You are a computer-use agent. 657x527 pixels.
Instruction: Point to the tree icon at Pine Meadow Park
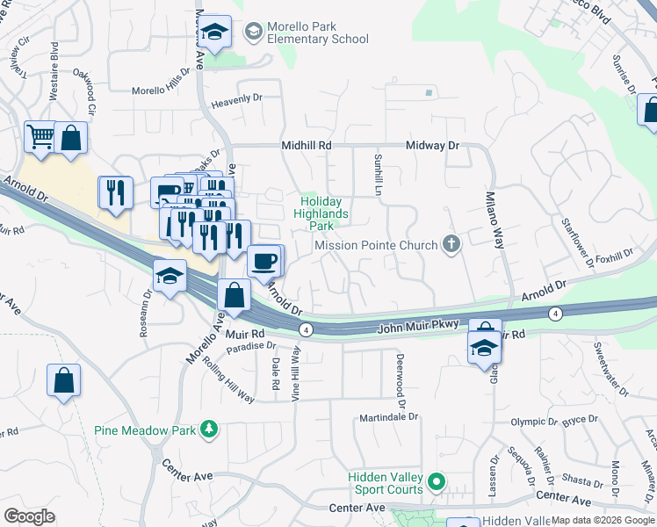point(209,430)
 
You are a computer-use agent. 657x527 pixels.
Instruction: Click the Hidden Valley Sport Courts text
point(386,482)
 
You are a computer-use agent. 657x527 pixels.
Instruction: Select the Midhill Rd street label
point(307,145)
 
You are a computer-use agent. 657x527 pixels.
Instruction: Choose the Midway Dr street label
point(432,145)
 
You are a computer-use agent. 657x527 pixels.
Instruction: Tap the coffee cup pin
point(264,260)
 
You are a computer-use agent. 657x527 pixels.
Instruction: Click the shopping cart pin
point(40,137)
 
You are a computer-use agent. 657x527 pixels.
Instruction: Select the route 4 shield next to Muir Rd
point(305,329)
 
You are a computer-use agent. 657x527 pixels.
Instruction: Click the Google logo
point(29,516)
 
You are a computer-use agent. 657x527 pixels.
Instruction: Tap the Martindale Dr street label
point(388,418)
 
